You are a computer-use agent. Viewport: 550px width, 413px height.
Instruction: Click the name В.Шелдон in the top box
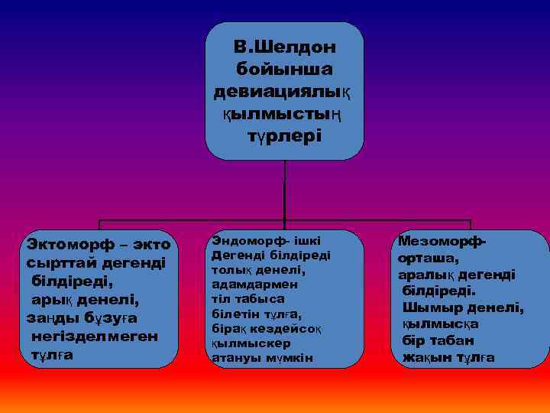[x=285, y=47]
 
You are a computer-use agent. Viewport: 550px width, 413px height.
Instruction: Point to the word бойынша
[x=284, y=70]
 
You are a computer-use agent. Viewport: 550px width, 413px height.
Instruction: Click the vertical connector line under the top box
[x=284, y=191]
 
